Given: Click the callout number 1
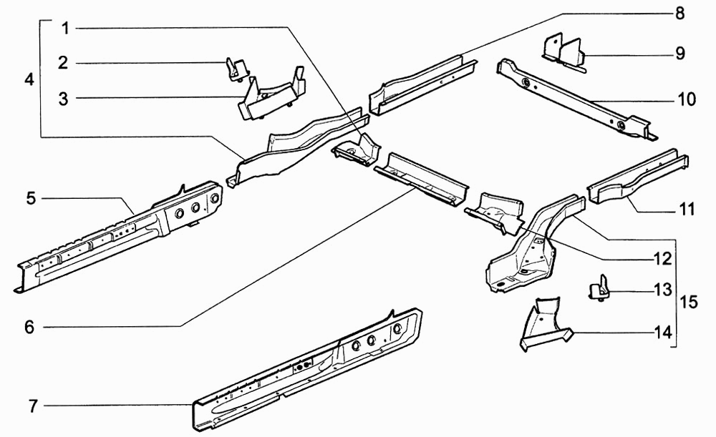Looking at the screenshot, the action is pyautogui.click(x=66, y=29).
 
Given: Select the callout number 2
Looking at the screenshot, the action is pyautogui.click(x=64, y=62).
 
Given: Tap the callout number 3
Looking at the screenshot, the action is pyautogui.click(x=64, y=99).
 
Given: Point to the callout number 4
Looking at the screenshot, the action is pyautogui.click(x=29, y=80).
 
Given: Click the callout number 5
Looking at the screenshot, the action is pyautogui.click(x=31, y=198).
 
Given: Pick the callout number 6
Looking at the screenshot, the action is pyautogui.click(x=29, y=327).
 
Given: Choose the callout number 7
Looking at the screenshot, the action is pyautogui.click(x=33, y=406).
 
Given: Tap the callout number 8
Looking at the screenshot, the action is pyautogui.click(x=680, y=13).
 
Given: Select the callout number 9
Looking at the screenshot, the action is pyautogui.click(x=680, y=54).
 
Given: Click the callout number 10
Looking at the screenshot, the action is pyautogui.click(x=687, y=99).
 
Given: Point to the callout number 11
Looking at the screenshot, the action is pyautogui.click(x=687, y=209).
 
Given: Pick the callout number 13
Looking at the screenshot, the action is pyautogui.click(x=663, y=290).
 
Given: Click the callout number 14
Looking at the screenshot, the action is pyautogui.click(x=663, y=333).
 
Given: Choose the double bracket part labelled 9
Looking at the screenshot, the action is pyautogui.click(x=564, y=52).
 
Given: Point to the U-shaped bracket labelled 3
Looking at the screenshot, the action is pyautogui.click(x=271, y=97).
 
